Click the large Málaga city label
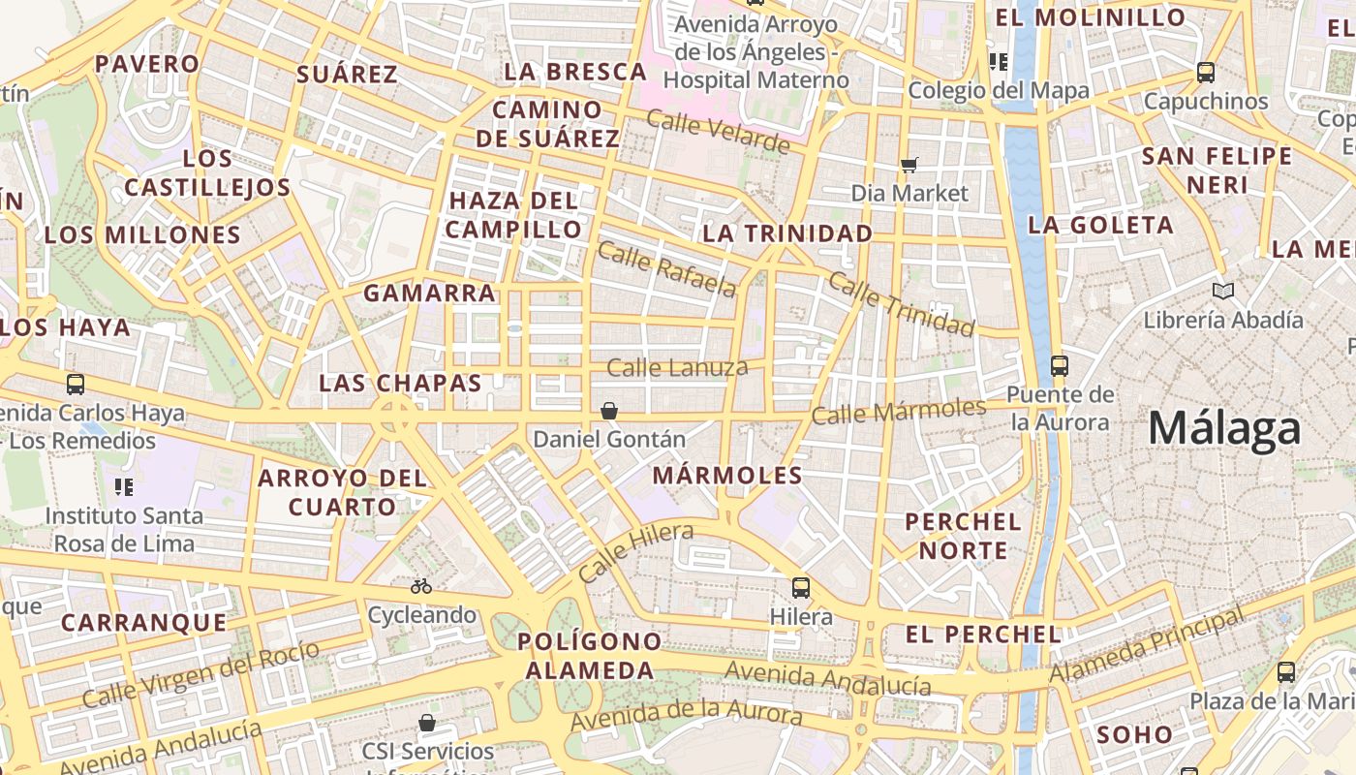(x=1224, y=429)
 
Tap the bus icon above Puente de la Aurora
(x=1060, y=366)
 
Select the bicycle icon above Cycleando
(x=421, y=586)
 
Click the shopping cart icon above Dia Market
(x=909, y=165)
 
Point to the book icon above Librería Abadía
(x=1223, y=291)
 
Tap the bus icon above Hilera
(x=801, y=587)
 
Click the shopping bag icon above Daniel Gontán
(x=609, y=412)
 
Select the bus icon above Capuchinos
(x=1206, y=73)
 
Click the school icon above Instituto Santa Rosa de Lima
(x=124, y=486)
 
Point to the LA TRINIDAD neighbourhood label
(x=787, y=233)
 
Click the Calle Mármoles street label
(x=898, y=411)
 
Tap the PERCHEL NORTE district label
(x=963, y=536)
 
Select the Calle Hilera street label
(x=636, y=551)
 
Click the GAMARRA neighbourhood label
(x=429, y=293)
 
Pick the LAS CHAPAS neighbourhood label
(x=400, y=383)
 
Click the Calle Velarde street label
(x=718, y=132)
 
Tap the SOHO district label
(x=1135, y=734)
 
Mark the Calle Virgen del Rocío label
(x=200, y=674)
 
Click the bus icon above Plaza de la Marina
(x=1286, y=671)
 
